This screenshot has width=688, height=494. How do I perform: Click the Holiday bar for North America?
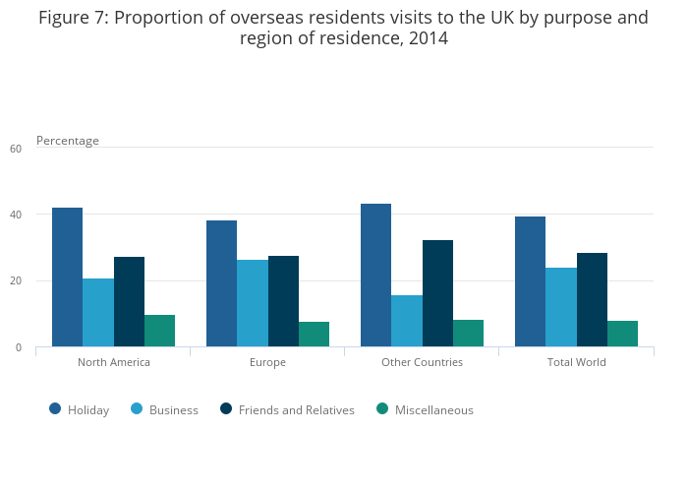click(67, 277)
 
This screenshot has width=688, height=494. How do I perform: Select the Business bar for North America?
click(97, 312)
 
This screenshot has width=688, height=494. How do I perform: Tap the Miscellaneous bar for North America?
click(159, 331)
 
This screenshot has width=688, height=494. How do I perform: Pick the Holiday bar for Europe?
click(221, 283)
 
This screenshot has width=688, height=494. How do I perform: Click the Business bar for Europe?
click(253, 303)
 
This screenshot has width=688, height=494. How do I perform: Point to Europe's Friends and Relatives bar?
click(283, 301)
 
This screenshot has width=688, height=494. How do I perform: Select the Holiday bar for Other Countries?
click(375, 275)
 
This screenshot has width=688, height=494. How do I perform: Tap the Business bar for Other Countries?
click(407, 321)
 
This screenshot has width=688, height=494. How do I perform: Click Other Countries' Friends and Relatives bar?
click(437, 293)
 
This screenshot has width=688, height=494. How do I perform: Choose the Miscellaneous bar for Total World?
click(622, 334)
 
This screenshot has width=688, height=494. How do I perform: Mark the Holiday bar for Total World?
click(530, 281)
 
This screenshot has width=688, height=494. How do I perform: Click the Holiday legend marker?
click(55, 409)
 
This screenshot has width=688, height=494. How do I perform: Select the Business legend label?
click(173, 410)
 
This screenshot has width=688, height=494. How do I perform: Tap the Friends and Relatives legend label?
click(296, 410)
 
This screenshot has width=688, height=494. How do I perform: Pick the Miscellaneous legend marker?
click(382, 409)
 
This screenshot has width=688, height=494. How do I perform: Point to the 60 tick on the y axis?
click(15, 149)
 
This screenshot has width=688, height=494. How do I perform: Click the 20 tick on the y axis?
click(15, 281)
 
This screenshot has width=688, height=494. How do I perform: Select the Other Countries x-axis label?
click(422, 362)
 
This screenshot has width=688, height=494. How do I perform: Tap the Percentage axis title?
click(68, 141)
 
